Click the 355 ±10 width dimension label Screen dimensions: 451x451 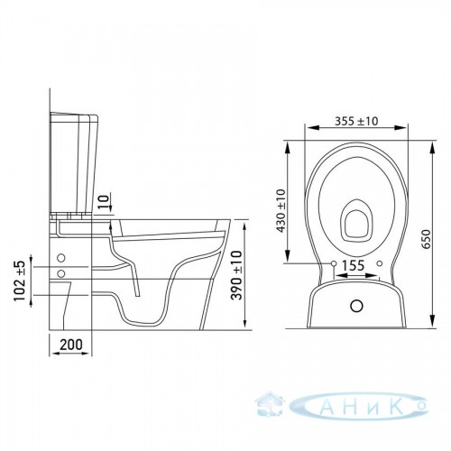click(356, 121)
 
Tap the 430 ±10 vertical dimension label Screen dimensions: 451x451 click(281, 211)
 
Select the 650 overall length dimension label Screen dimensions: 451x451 click(426, 239)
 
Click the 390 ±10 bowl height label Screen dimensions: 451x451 click(237, 275)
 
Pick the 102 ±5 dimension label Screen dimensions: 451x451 click(20, 281)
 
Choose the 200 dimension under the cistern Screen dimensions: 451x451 click(71, 345)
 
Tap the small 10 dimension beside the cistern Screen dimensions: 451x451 click(103, 203)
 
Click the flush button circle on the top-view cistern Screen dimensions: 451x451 click(356, 306)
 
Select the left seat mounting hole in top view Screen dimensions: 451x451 click(334, 263)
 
